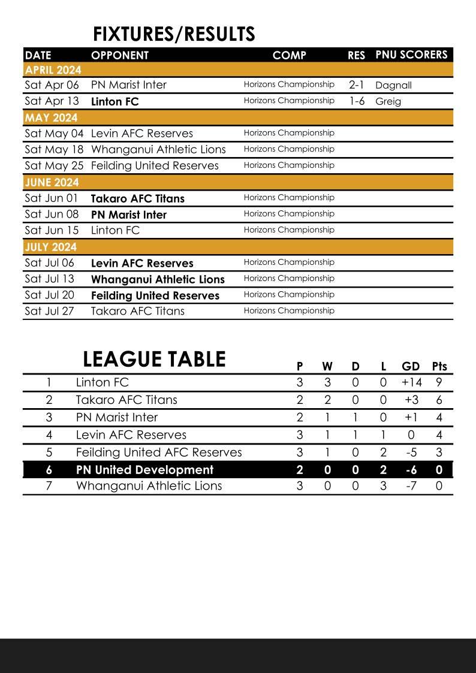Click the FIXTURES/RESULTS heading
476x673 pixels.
(x=174, y=34)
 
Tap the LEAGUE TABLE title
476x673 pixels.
(x=154, y=360)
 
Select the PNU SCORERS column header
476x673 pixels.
(x=411, y=55)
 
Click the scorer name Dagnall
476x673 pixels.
(x=393, y=85)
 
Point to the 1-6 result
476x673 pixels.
(x=357, y=101)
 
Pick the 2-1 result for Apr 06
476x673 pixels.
(x=356, y=85)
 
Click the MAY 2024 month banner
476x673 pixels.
(x=52, y=117)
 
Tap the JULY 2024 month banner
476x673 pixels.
(x=52, y=247)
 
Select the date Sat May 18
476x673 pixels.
(x=54, y=149)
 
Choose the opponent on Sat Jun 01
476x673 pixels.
(x=137, y=198)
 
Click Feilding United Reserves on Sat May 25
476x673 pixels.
(x=155, y=165)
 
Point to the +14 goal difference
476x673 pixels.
(x=411, y=382)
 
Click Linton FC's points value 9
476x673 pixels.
(x=439, y=382)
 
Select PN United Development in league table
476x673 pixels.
(x=144, y=470)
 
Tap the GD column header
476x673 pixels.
(x=411, y=366)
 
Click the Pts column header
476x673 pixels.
(x=439, y=366)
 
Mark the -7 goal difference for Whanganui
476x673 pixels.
(x=411, y=486)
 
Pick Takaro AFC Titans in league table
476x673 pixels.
(x=126, y=400)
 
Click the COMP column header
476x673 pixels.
(x=289, y=55)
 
